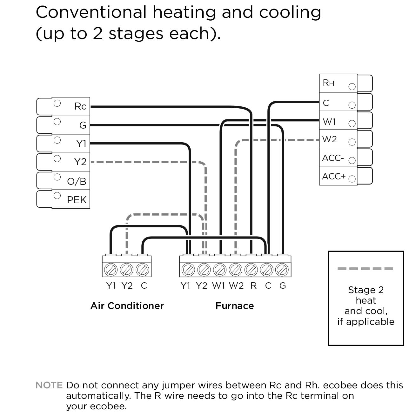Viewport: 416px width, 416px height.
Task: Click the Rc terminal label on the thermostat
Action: point(80,106)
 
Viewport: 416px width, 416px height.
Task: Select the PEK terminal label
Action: point(77,200)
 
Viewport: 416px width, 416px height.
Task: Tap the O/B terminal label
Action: point(77,182)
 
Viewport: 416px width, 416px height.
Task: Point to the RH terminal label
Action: point(328,83)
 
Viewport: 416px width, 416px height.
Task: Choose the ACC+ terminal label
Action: point(333,177)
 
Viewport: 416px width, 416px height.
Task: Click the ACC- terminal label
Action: point(333,158)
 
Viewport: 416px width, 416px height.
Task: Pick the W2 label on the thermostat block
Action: point(329,139)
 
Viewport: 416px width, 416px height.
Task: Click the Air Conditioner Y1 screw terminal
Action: point(111,270)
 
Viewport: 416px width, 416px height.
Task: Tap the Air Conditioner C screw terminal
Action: point(142,270)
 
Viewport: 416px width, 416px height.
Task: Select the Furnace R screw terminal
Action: point(252,270)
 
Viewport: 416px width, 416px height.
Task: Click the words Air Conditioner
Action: point(127,306)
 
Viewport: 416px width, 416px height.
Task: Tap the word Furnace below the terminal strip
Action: point(235,306)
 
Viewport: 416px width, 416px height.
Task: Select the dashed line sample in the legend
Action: point(365,269)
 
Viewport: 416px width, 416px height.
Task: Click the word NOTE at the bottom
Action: point(49,386)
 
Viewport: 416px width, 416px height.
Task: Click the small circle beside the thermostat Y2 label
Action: point(57,158)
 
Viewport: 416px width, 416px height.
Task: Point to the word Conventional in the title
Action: point(91,13)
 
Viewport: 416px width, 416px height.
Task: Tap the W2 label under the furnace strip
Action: point(236,286)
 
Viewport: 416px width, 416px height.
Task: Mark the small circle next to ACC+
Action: point(352,179)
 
